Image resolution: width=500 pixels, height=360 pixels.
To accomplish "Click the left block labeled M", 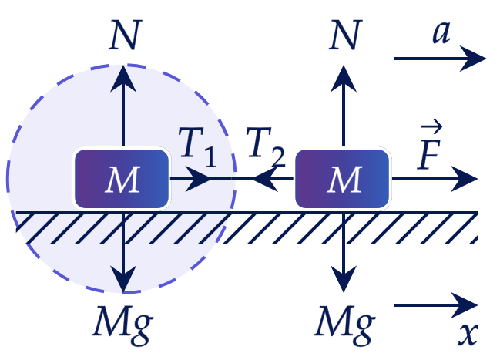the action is pos(122,179).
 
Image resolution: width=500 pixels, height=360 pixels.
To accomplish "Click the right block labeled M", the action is pos(342,179).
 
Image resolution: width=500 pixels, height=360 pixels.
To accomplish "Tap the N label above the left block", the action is pos(125,35).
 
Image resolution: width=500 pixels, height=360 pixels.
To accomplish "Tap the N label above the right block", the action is pos(345,35).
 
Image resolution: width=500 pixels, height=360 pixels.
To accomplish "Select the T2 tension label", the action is pos(266,146).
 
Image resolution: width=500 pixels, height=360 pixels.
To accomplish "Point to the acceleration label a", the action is pos(441,32).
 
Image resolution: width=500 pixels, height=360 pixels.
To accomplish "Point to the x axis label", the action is pos(468,334).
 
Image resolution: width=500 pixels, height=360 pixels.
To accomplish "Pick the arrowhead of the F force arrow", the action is pos(465,179).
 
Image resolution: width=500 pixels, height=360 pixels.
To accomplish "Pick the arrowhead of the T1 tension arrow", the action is pos(198,179).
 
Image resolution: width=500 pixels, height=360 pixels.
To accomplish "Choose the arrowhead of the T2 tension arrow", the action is pos(265,179).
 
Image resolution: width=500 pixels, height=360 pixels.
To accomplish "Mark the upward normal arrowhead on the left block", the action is pos(123,78).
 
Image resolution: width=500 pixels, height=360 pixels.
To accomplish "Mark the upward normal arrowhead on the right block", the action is pos(344,78).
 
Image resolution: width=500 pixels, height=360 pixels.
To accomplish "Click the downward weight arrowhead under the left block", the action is pos(123,279).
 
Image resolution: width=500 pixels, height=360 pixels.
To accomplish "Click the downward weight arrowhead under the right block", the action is pos(344,279).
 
